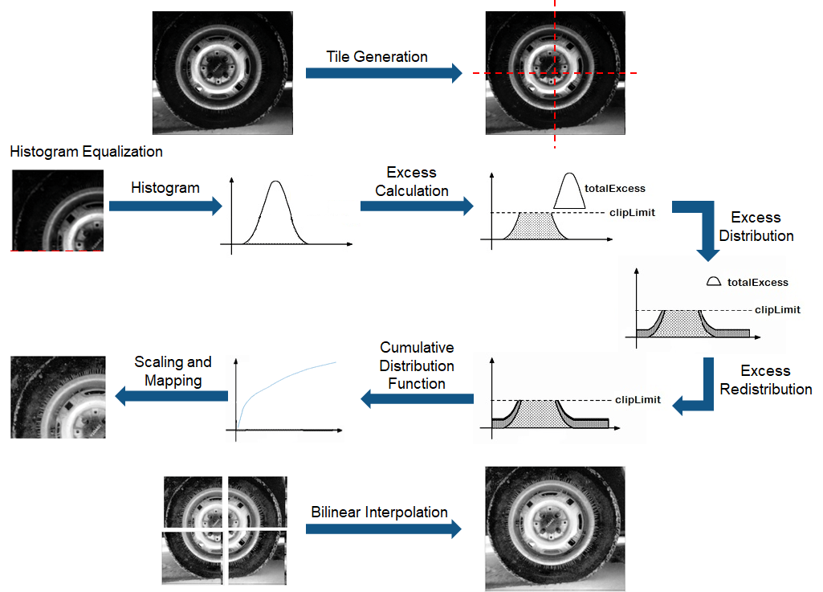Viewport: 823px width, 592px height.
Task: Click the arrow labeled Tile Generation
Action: (384, 74)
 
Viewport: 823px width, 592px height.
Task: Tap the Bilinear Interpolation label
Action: (379, 512)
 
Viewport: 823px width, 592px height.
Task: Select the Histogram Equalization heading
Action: (87, 152)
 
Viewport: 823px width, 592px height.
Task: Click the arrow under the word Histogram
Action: (165, 206)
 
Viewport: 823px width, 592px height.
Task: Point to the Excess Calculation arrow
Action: (417, 206)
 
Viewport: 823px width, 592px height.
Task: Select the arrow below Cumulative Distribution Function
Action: (417, 398)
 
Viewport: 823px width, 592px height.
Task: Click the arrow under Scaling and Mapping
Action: (172, 394)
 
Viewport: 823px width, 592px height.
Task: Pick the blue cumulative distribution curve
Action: (289, 378)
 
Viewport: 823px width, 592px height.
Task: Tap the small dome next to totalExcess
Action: (713, 282)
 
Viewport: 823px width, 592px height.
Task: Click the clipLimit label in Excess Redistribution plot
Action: (638, 399)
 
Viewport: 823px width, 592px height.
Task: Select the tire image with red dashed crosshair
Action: (554, 72)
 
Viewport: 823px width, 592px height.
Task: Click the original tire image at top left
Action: (222, 72)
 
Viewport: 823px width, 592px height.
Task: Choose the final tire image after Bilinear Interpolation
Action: (555, 529)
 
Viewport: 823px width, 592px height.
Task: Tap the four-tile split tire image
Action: (224, 530)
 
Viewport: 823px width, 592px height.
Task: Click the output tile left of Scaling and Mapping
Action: (58, 397)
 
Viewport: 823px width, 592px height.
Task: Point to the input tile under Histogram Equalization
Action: (58, 210)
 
